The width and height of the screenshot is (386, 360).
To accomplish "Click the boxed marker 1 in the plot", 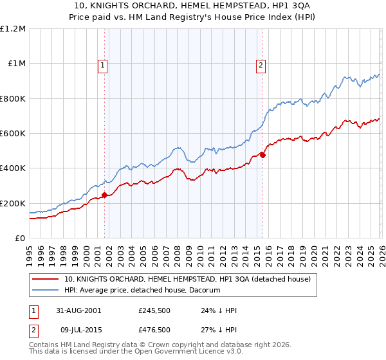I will [x=103, y=64].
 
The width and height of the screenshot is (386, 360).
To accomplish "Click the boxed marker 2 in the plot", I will [x=261, y=64].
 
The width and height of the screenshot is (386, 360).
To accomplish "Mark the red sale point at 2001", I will [x=104, y=195].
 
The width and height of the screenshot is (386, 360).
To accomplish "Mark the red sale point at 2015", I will [x=262, y=155].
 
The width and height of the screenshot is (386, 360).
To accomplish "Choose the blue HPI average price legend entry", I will [x=142, y=291].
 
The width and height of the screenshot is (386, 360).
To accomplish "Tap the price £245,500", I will [x=154, y=310].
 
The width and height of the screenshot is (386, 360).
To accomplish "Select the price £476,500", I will [x=154, y=330].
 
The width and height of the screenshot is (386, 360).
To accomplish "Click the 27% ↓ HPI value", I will [x=219, y=330].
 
